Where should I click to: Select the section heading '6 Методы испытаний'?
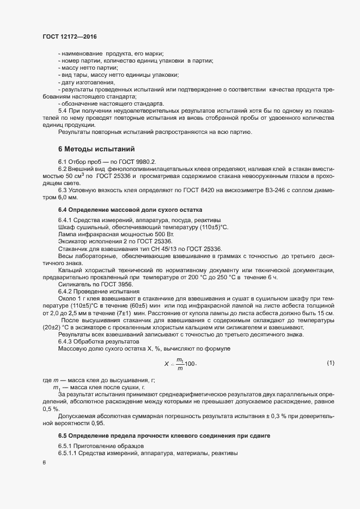[x=93, y=149]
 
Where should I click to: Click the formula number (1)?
[x=330, y=362]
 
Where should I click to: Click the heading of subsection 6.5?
[x=164, y=437]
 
